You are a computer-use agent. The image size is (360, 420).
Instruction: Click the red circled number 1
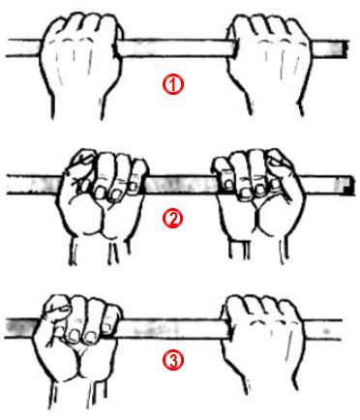tap(173, 85)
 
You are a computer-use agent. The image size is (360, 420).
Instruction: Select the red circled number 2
tap(172, 219)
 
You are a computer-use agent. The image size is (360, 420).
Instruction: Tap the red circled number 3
tap(173, 360)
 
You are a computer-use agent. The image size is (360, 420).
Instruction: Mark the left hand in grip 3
tap(76, 348)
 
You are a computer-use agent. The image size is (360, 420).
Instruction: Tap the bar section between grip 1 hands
tap(176, 48)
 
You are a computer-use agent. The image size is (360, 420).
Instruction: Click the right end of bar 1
tap(347, 48)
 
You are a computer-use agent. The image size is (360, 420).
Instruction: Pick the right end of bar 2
tap(351, 186)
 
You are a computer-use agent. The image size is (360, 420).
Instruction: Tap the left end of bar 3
tap(7, 328)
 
